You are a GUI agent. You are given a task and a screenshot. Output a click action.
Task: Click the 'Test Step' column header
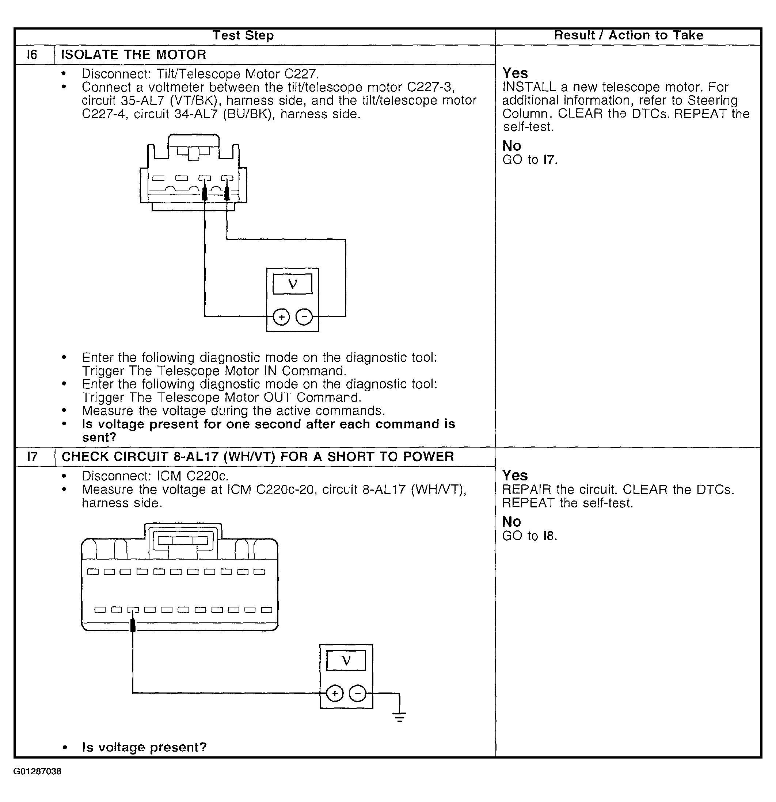(x=243, y=36)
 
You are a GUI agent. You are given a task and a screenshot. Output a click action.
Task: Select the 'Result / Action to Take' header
(x=628, y=36)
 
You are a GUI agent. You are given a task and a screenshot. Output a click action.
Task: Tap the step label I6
(x=32, y=54)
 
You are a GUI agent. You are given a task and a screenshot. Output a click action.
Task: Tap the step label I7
(x=32, y=457)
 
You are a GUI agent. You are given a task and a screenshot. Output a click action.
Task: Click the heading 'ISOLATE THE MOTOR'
(x=133, y=54)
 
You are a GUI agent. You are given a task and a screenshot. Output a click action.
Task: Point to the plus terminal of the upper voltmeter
(x=281, y=317)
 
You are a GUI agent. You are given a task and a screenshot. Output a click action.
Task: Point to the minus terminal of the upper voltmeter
(x=304, y=317)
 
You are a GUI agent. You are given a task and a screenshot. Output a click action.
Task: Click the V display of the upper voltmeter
(x=292, y=284)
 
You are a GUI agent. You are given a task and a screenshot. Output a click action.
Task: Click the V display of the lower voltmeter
(x=346, y=661)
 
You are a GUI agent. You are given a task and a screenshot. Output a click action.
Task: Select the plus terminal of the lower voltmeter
(x=335, y=694)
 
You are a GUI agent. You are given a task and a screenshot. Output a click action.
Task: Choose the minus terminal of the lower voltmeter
(x=357, y=694)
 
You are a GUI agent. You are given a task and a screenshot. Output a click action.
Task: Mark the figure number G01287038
(x=37, y=772)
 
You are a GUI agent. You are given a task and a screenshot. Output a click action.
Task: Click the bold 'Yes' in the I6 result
(x=515, y=73)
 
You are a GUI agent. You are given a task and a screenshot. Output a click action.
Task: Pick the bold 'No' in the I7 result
(x=511, y=522)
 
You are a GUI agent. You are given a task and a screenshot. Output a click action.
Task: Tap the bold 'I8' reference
(x=549, y=536)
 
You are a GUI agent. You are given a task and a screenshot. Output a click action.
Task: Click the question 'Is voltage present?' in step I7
(x=144, y=748)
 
